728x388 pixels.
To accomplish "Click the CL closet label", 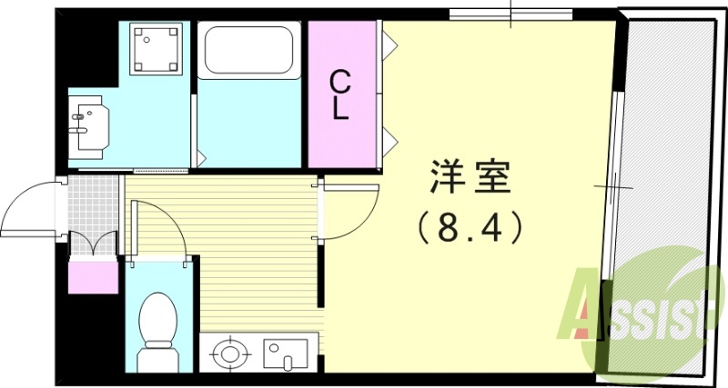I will [x=339, y=95].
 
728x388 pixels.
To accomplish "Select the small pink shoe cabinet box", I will [x=94, y=276].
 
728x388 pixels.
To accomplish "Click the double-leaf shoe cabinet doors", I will [x=94, y=244].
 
